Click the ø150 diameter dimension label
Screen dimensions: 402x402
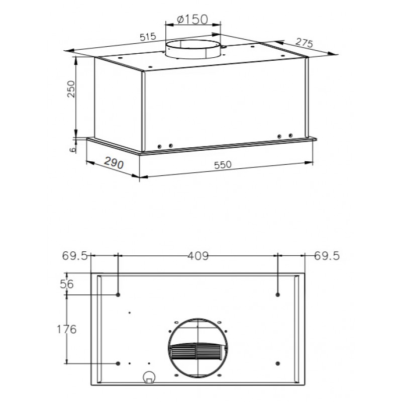pos(192,20)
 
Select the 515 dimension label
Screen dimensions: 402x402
pos(148,37)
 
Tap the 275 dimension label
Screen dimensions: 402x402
pos(304,43)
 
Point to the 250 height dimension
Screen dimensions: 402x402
pos(71,89)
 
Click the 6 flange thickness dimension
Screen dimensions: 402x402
pos(73,149)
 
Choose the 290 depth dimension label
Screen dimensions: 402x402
pos(114,162)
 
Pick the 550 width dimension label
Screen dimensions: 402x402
pos(223,165)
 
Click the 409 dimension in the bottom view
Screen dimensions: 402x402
pos(198,256)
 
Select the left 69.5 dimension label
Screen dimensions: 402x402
pos(74,256)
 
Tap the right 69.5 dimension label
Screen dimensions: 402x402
pos(327,256)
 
